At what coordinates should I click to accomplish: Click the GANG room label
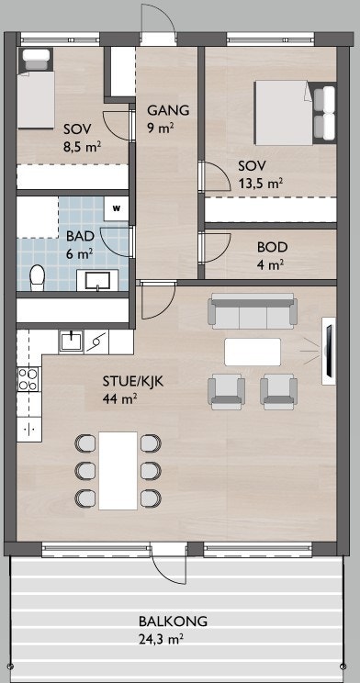point(168,110)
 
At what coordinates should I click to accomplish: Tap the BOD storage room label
point(273,247)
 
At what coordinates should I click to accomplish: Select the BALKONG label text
point(173,621)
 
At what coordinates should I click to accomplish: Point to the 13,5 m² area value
point(259,183)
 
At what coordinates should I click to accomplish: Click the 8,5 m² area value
point(83,146)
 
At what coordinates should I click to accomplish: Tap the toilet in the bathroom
point(37,277)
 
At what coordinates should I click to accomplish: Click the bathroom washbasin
point(97,280)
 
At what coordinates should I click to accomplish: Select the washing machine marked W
point(116,208)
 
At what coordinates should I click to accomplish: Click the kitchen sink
point(71,341)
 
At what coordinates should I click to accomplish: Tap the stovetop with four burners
point(28,379)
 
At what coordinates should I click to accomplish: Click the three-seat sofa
point(252,311)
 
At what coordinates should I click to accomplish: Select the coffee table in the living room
point(253,352)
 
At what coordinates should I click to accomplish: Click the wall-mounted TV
point(329,351)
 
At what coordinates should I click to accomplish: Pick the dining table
point(118,470)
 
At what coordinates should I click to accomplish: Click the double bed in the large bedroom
point(295,112)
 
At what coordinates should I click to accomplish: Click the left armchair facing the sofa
point(226,392)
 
